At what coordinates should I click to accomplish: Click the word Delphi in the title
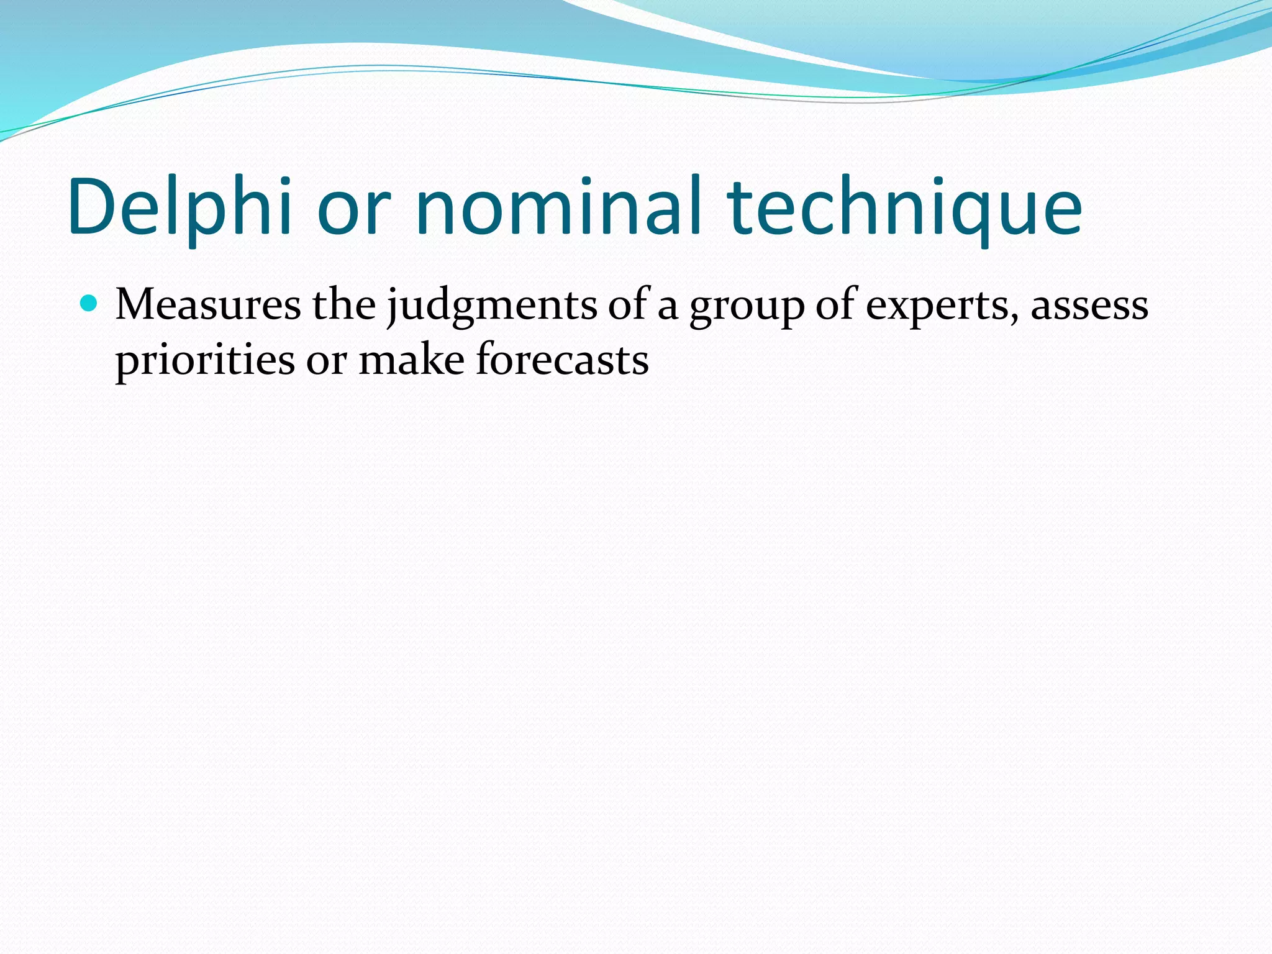[x=180, y=208]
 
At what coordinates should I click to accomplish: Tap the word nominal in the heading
[x=559, y=207]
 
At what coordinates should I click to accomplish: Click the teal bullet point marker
[x=89, y=304]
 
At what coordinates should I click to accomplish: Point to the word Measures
[x=208, y=306]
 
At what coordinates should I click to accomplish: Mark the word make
[x=411, y=360]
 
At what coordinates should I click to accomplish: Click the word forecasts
[x=562, y=360]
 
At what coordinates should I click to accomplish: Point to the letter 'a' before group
[x=667, y=309]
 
